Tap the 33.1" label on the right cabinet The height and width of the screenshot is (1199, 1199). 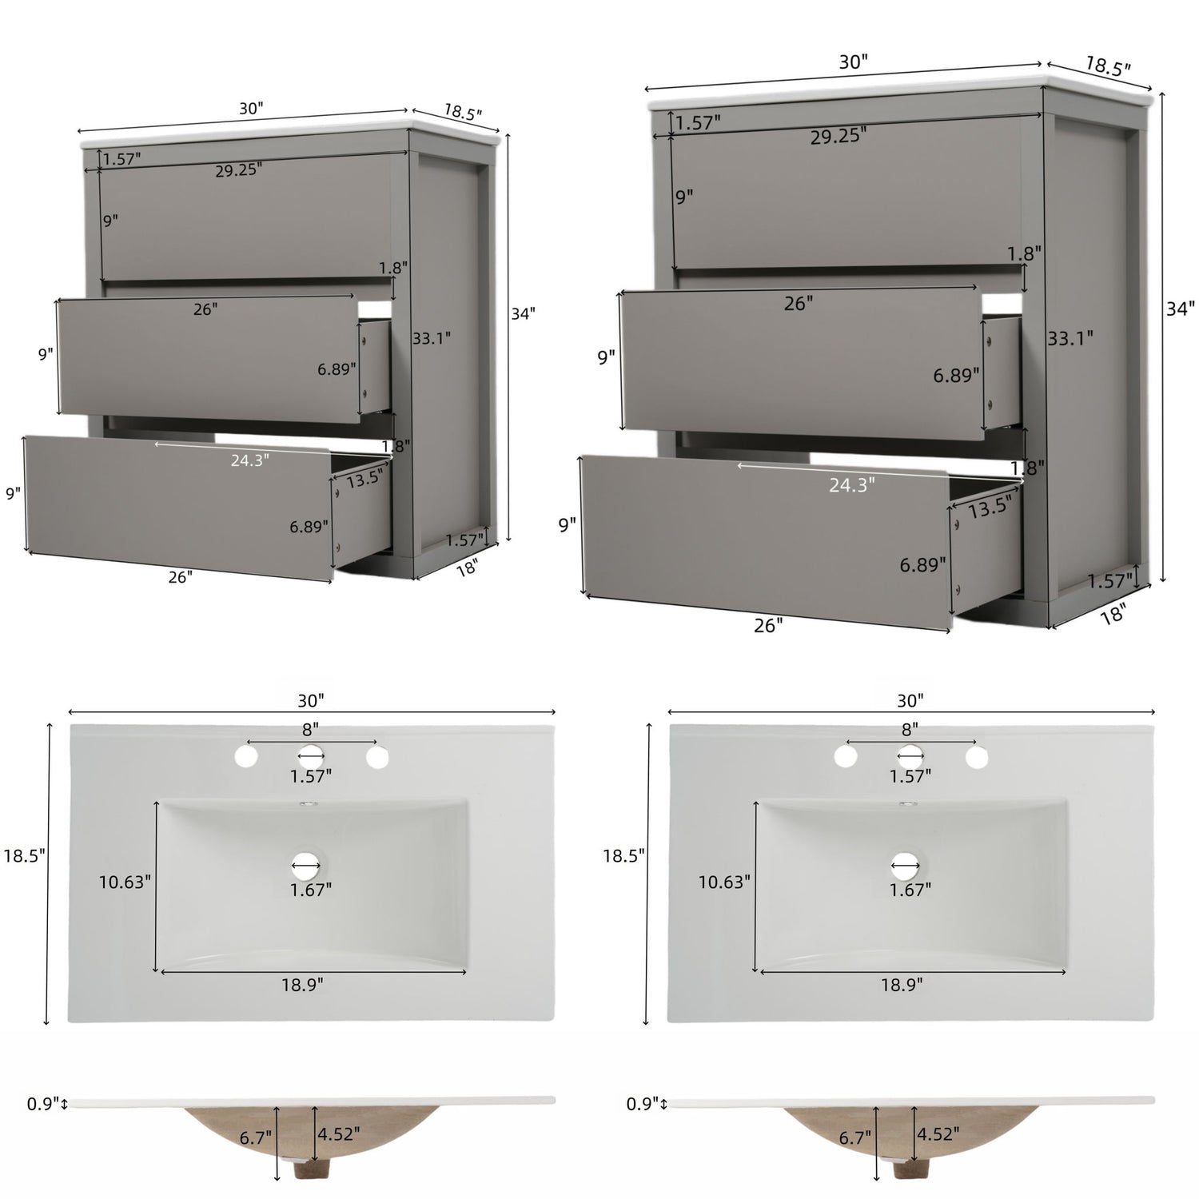click(x=1070, y=338)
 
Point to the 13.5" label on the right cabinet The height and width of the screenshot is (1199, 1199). click(x=990, y=505)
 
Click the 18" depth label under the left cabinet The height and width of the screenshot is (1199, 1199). click(x=466, y=568)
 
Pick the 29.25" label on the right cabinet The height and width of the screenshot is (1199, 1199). click(x=838, y=136)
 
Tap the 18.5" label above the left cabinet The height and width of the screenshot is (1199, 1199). click(x=463, y=111)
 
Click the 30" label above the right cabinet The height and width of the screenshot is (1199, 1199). click(x=853, y=62)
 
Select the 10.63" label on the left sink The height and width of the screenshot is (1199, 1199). click(x=125, y=882)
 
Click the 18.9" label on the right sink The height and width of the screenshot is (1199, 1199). click(x=902, y=984)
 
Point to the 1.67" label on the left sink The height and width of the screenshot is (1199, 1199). click(x=311, y=889)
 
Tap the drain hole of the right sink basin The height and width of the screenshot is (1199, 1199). click(x=906, y=862)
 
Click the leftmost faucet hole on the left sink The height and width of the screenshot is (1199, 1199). click(x=246, y=755)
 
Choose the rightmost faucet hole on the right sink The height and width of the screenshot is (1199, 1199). click(x=975, y=755)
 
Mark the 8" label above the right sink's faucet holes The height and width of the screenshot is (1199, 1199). click(x=910, y=729)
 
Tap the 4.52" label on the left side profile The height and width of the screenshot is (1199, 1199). click(x=339, y=1133)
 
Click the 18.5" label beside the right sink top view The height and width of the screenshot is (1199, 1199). click(x=623, y=855)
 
